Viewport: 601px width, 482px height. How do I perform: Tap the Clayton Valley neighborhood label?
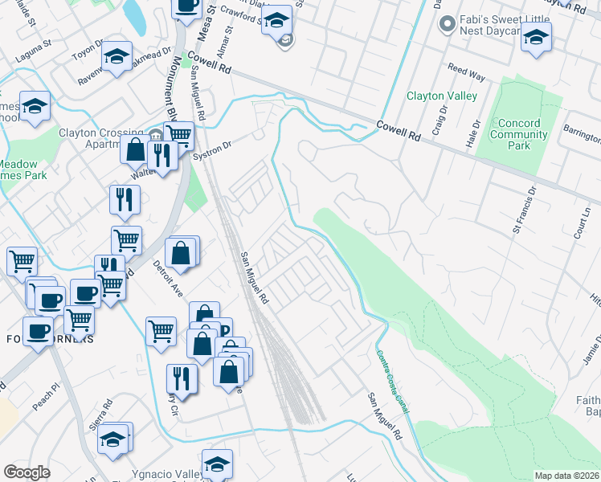442,96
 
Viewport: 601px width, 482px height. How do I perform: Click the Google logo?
27,472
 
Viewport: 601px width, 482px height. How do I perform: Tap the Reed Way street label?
466,74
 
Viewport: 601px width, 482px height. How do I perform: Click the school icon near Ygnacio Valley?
217,464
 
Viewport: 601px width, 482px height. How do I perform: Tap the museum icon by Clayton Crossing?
155,133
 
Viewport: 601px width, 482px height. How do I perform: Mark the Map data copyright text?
566,476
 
